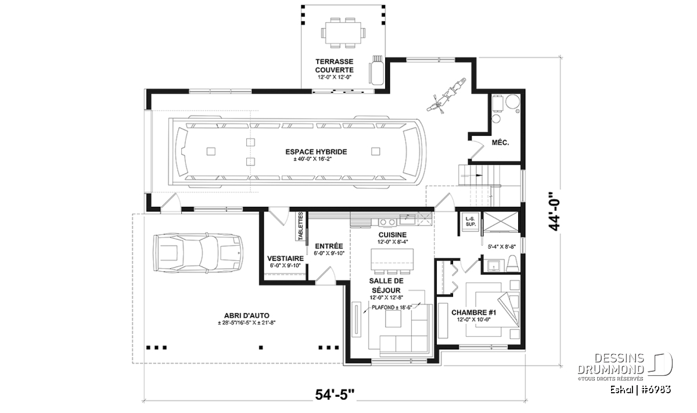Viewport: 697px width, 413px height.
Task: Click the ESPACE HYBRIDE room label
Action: pyautogui.click(x=316, y=152)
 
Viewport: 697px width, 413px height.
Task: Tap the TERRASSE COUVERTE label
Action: pyautogui.click(x=335, y=66)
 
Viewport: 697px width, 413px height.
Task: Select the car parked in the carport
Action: pyautogui.click(x=198, y=253)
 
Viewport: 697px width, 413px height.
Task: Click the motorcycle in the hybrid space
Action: pyautogui.click(x=447, y=96)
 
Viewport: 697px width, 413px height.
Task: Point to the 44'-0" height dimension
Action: pyautogui.click(x=555, y=211)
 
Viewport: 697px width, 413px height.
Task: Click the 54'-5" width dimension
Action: pyautogui.click(x=335, y=394)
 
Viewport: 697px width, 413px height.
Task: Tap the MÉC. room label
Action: pyautogui.click(x=500, y=143)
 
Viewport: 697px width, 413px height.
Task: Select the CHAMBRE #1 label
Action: pyautogui.click(x=474, y=312)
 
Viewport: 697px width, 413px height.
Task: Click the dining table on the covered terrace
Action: pyautogui.click(x=343, y=33)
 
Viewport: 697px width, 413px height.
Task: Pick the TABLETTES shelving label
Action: pyautogui.click(x=301, y=227)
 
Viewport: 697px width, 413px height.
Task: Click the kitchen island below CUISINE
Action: pyautogui.click(x=392, y=260)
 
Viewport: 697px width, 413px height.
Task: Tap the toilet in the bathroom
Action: pyautogui.click(x=512, y=263)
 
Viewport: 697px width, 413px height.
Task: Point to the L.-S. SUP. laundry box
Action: pyautogui.click(x=471, y=221)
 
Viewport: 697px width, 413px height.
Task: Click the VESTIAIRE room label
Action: pyautogui.click(x=285, y=258)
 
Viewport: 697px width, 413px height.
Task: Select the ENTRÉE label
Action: pyautogui.click(x=329, y=246)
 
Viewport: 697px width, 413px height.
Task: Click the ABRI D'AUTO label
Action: pyautogui.click(x=247, y=316)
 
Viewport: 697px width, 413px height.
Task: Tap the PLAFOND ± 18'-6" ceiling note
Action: pyautogui.click(x=391, y=307)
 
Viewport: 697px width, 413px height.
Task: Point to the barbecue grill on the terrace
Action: pyautogui.click(x=376, y=70)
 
